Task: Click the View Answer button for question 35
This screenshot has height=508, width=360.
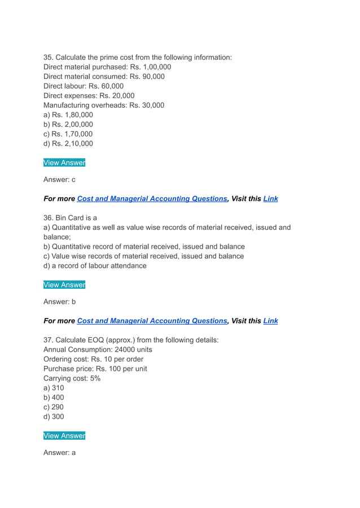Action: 64,163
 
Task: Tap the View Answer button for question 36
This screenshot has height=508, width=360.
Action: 64,285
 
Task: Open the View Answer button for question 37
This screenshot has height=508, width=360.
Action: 64,436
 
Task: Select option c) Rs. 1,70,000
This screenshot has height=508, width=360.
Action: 68,134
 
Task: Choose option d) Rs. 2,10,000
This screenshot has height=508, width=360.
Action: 68,144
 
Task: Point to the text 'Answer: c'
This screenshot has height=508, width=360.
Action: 59,180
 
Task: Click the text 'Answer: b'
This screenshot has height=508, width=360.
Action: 59,302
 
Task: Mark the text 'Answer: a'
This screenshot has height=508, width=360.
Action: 59,453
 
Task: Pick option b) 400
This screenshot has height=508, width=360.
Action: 54,397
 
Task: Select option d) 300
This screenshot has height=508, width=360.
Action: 54,417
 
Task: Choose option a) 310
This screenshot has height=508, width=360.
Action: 54,388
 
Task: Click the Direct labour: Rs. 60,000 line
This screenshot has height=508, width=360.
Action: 84,86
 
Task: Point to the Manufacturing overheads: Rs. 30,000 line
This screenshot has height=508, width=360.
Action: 104,105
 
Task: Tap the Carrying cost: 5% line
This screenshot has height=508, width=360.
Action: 72,378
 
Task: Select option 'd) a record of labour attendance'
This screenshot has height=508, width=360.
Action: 95,266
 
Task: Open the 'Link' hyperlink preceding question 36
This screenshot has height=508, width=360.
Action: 271,199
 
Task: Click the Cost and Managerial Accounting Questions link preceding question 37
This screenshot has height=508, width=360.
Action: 152,321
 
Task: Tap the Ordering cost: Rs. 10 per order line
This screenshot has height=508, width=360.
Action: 93,359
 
